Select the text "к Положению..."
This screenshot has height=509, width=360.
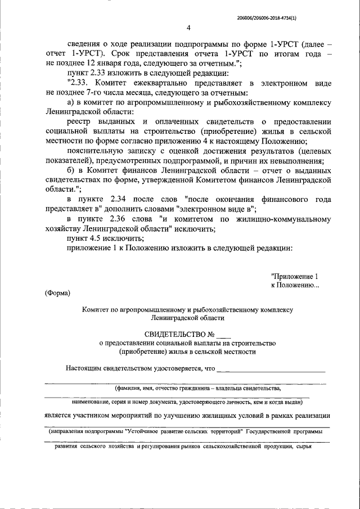(295, 285)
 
